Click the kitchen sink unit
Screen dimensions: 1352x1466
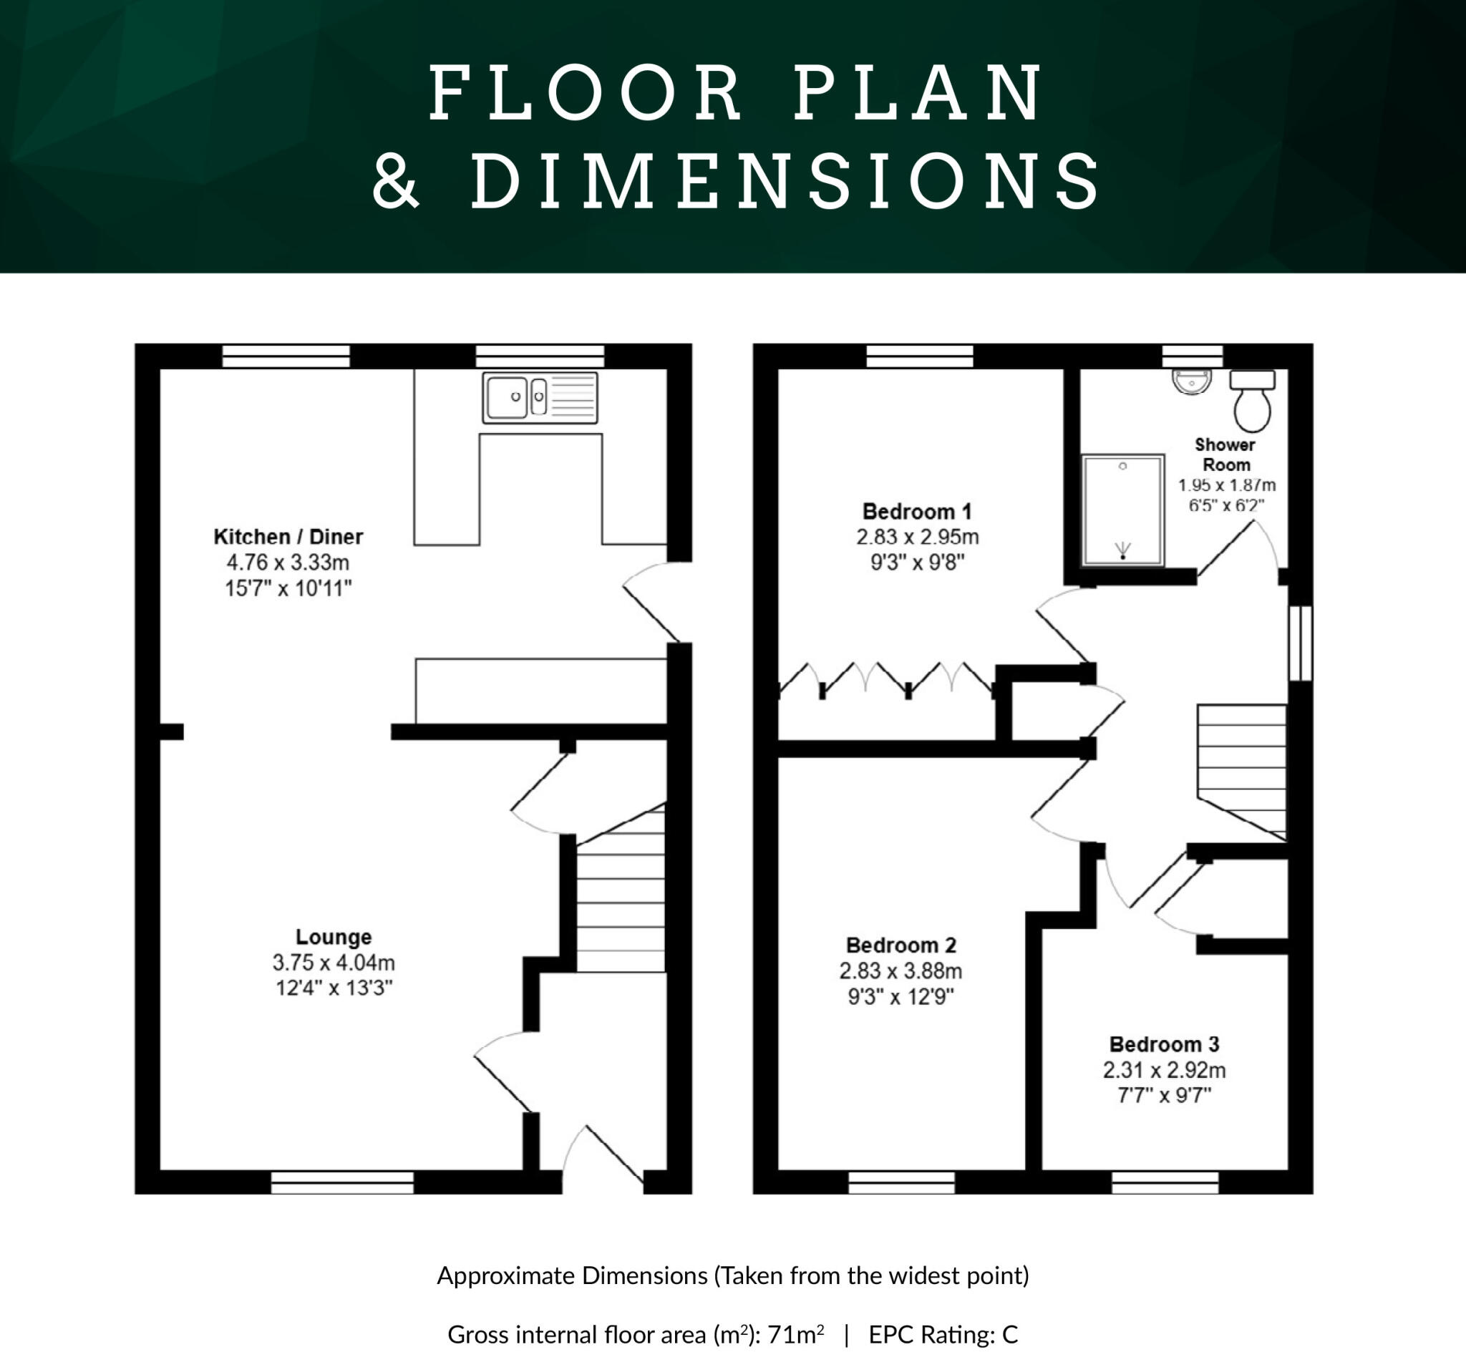coord(540,398)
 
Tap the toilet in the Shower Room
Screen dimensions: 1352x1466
coord(1253,402)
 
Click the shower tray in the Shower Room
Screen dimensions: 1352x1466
coord(1122,510)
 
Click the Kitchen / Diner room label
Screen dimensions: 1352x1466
coord(288,537)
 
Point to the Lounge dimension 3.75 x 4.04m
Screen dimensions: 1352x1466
coord(334,963)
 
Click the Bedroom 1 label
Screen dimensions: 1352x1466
coord(917,512)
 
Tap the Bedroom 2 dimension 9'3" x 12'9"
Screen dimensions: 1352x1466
coord(901,996)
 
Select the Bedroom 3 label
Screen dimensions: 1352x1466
coord(1164,1044)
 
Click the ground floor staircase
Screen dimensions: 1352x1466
coord(621,900)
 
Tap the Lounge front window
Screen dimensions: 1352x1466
coord(341,1182)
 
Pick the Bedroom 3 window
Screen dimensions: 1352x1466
coord(1165,1182)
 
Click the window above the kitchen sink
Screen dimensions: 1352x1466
coord(540,356)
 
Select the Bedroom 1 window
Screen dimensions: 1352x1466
coord(920,356)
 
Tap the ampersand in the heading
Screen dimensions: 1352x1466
coord(396,180)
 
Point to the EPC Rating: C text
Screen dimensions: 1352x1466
coord(943,1334)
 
